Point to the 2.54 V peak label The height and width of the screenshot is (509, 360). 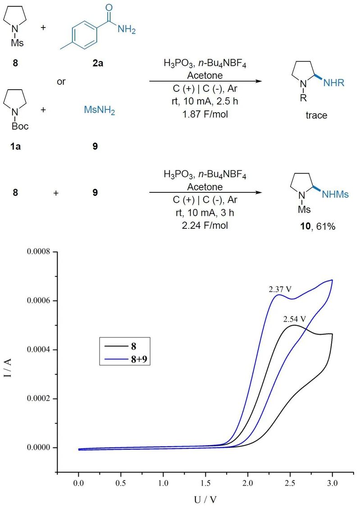pos(295,319)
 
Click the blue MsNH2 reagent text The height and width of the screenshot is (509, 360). pos(100,111)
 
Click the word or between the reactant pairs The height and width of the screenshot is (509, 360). pos(62,83)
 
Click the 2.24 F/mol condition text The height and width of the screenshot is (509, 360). pos(205,225)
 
